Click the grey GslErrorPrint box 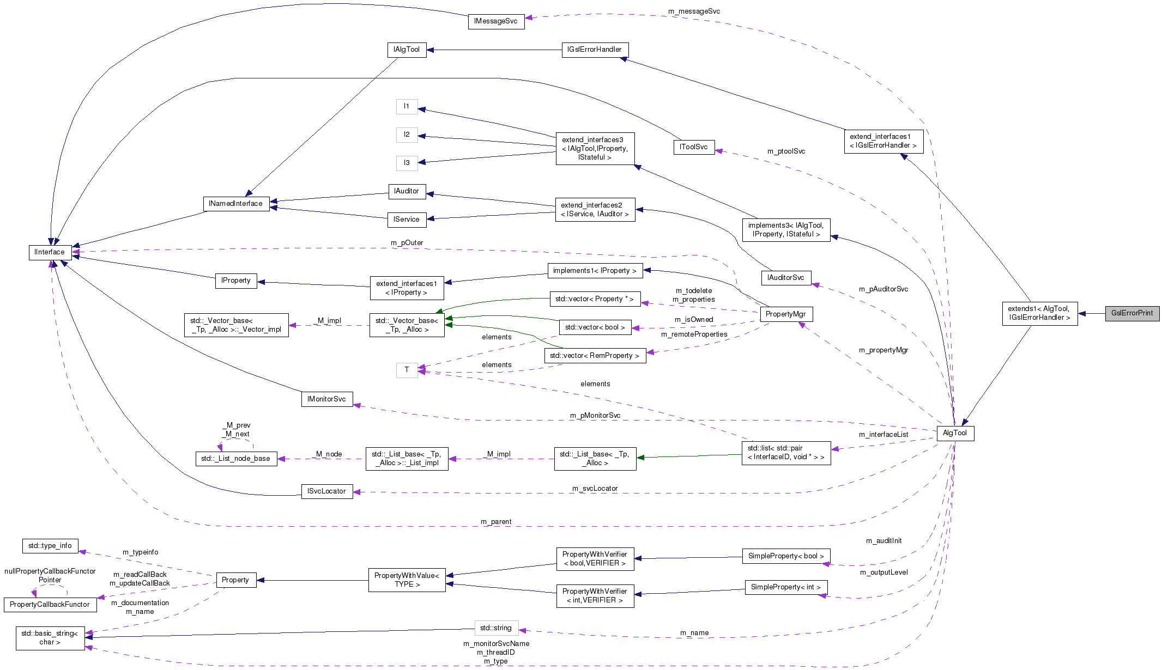tap(1131, 313)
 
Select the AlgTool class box tap(954, 433)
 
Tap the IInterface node tap(50, 252)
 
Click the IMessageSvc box tap(495, 21)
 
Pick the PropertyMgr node tap(785, 314)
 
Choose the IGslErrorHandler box tap(594, 50)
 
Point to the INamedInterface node tap(235, 204)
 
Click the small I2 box tap(407, 135)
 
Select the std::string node tap(495, 628)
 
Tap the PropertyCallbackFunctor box tap(50, 605)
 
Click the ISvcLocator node tap(326, 491)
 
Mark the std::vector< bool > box tap(595, 327)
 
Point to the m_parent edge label tap(495, 522)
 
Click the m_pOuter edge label tap(407, 243)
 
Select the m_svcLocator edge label tap(595, 489)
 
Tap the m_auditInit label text tap(883, 541)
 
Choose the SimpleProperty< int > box tap(785, 587)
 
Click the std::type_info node tap(50, 546)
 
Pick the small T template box tap(407, 370)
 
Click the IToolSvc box tap(693, 147)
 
